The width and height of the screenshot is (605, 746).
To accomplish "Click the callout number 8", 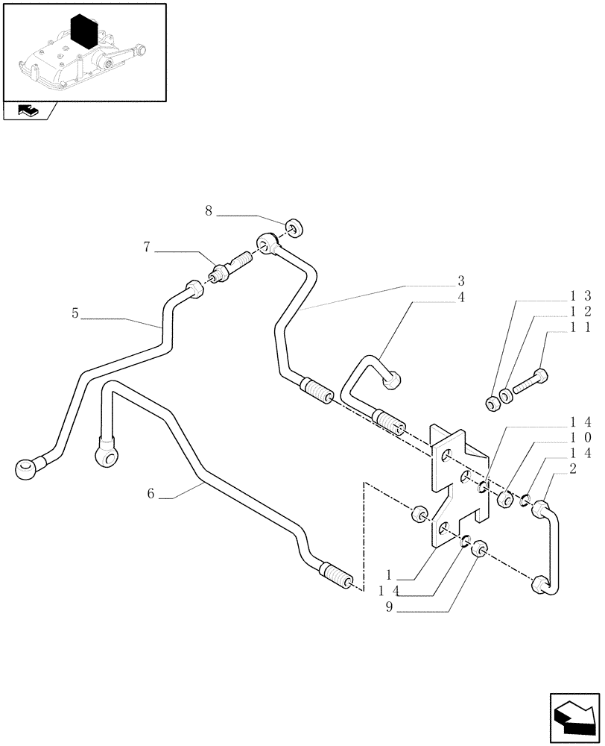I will pyautogui.click(x=209, y=211).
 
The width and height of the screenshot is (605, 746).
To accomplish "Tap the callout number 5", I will pyautogui.click(x=75, y=313).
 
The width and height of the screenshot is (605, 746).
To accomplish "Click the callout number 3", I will pyautogui.click(x=461, y=281).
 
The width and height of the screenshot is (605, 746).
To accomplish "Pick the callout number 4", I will pyautogui.click(x=461, y=297).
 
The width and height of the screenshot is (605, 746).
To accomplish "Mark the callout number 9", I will pyautogui.click(x=388, y=608).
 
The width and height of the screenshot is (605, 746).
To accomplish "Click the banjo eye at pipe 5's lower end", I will pyautogui.click(x=25, y=468).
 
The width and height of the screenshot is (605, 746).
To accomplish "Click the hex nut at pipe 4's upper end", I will pyautogui.click(x=392, y=381).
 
